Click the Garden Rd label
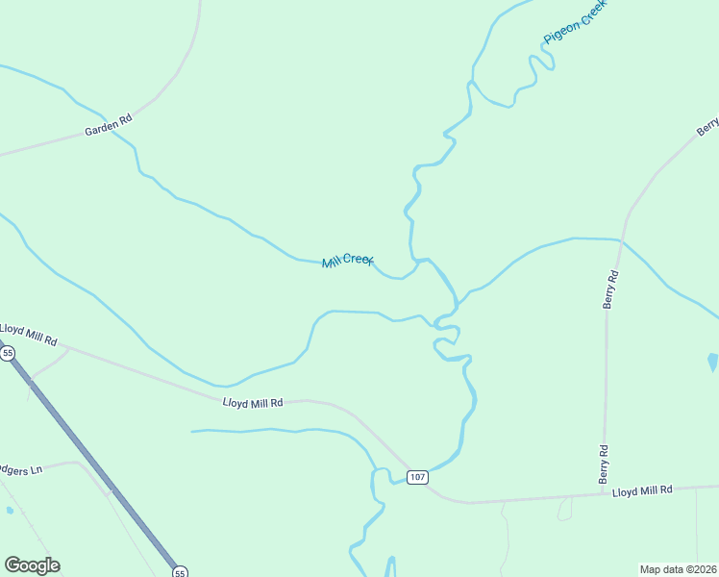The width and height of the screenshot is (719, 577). (107, 126)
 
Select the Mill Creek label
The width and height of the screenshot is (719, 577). (347, 261)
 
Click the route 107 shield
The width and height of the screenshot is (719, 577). (416, 478)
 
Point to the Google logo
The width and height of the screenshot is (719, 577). (32, 565)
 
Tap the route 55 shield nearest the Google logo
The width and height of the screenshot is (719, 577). (180, 572)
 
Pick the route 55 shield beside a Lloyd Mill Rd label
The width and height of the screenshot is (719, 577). (8, 354)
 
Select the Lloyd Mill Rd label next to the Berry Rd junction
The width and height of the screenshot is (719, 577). (643, 491)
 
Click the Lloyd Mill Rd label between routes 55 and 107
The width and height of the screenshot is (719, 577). (253, 403)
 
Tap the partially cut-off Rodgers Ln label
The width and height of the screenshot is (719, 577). (22, 470)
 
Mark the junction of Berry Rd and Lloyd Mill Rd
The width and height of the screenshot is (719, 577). (604, 494)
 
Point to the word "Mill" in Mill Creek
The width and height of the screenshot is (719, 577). (333, 263)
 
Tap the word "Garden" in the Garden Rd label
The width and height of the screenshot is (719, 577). (100, 128)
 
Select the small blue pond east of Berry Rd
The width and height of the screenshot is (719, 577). (712, 363)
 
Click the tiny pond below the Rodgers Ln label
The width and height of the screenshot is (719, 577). (9, 510)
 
